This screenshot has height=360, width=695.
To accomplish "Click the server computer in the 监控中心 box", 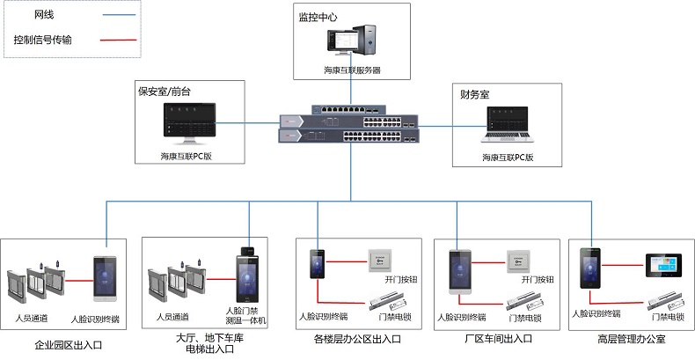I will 352,41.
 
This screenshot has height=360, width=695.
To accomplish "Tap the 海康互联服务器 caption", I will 351,70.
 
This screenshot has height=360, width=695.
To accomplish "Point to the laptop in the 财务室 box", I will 508,128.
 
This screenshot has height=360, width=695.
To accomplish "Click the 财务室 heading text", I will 475,92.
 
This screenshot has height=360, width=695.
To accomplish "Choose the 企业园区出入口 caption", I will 68,345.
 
